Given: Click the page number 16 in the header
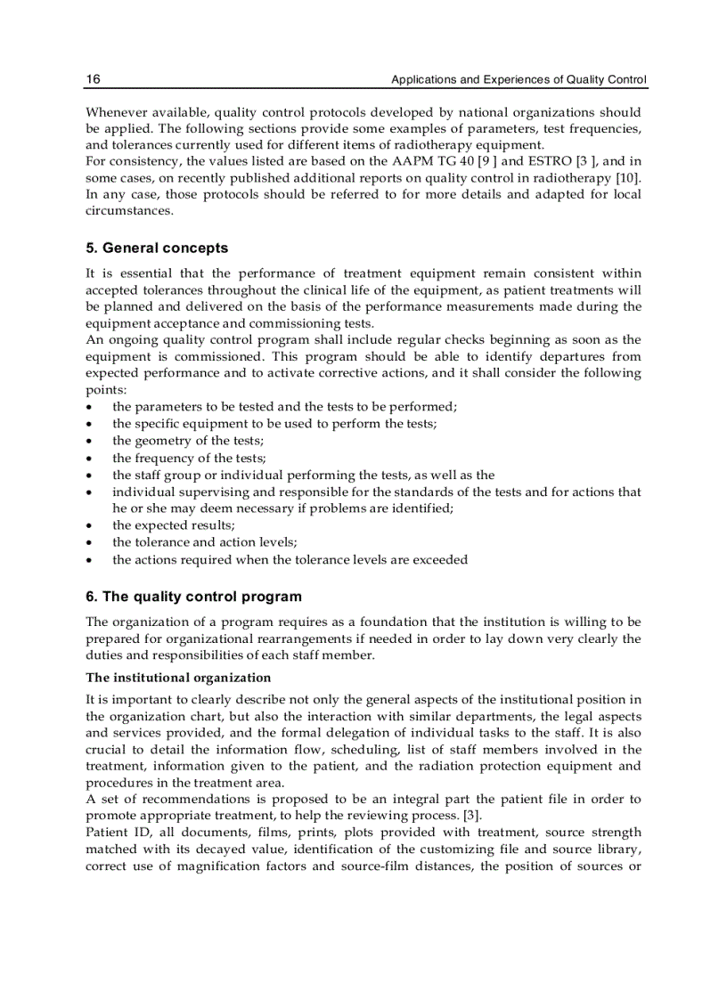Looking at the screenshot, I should [93, 79].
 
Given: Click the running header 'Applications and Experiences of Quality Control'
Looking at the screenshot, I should [519, 79].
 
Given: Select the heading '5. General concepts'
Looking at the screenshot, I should [156, 248].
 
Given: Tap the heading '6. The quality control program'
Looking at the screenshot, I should [193, 597].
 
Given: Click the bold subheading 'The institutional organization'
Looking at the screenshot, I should [178, 678].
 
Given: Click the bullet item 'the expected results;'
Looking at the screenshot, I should [174, 525].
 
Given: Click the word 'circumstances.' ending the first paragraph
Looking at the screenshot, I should [129, 211].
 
